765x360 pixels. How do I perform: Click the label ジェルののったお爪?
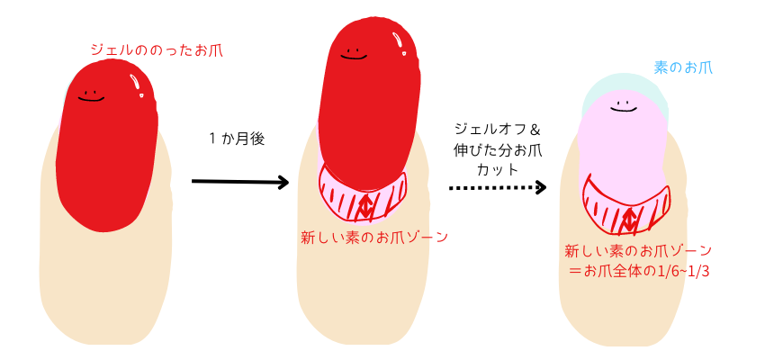pos(156,50)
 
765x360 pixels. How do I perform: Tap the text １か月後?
pos(236,139)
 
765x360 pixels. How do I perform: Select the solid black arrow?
pos(239,182)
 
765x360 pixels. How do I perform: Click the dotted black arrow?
pos(498,188)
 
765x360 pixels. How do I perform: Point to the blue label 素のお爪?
pos(683,66)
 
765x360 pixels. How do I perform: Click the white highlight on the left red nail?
pos(139,85)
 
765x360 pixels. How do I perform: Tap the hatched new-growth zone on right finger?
pos(628,210)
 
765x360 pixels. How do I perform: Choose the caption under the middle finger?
pos(374,238)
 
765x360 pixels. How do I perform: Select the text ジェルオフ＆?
pos(497,130)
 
